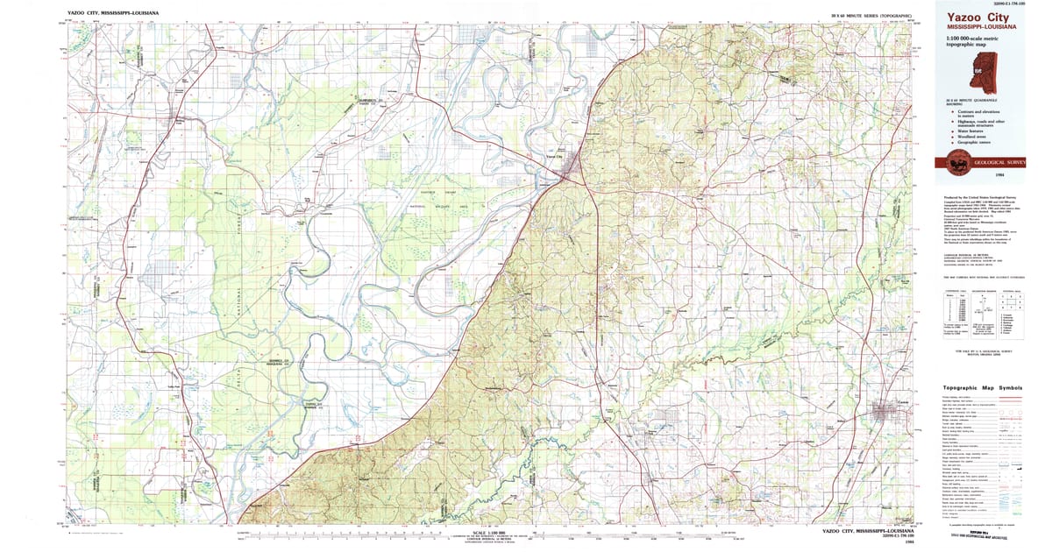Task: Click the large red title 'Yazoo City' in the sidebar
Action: coord(977,18)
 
